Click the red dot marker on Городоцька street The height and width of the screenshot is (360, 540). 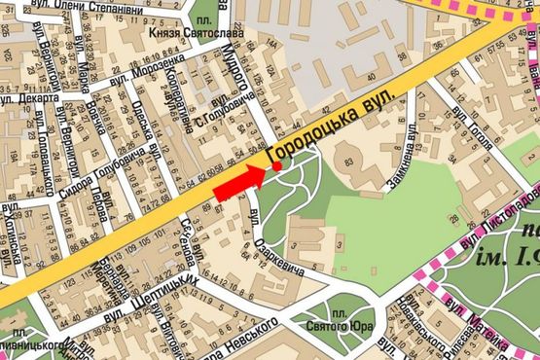pos(277,166)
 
